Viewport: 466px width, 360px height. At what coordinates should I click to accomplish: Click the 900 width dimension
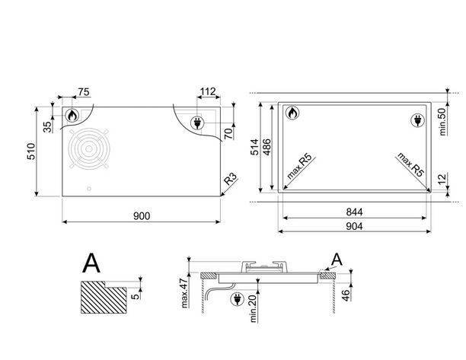tap(142, 216)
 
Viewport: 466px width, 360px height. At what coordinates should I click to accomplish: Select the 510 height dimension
tap(31, 151)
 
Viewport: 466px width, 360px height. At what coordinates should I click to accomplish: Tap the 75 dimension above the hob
tap(83, 92)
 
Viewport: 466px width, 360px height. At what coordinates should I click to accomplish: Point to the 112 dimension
tap(208, 91)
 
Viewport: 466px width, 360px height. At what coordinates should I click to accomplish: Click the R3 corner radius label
tap(231, 179)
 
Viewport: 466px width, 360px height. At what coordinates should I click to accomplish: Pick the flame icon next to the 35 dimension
tap(72, 115)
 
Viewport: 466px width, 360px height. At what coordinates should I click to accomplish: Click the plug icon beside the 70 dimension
tap(197, 123)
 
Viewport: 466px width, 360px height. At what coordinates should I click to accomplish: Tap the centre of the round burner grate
tap(89, 148)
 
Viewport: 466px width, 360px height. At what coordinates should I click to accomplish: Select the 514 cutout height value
tap(254, 147)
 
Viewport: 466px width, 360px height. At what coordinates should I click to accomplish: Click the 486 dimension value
tap(267, 147)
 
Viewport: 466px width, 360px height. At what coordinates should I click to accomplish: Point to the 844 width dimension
tap(354, 212)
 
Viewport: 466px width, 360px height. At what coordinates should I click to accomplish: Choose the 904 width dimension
tap(354, 226)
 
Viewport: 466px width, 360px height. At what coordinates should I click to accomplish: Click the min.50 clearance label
tap(442, 122)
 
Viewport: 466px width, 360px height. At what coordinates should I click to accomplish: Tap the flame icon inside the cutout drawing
tap(292, 113)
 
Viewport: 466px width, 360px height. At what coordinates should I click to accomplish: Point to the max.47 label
tap(184, 293)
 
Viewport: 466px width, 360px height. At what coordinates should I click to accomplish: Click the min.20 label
tap(253, 308)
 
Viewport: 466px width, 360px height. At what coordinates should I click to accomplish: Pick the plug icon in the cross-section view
tap(237, 299)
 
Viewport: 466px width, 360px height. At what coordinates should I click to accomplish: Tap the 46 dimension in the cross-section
tap(346, 295)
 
